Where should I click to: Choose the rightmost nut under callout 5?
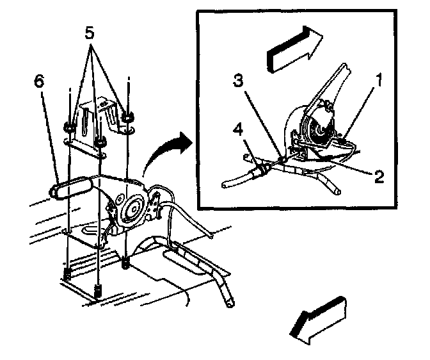(128, 117)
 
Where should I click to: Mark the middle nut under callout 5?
(99, 142)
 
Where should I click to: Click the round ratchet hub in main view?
(134, 209)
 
